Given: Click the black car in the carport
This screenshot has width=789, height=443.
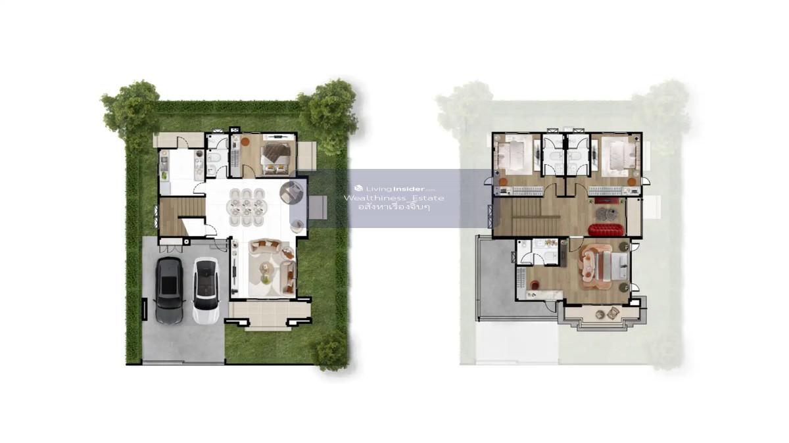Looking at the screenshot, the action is click(169, 291).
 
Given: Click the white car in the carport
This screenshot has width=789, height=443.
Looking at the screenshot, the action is click(206, 291).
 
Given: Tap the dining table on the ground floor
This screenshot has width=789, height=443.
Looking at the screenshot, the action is click(247, 207).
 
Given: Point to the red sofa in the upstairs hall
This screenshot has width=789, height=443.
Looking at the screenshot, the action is click(606, 229).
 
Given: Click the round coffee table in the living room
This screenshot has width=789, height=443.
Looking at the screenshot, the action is click(265, 268).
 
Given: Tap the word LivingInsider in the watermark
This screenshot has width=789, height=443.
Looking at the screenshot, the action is click(394, 189).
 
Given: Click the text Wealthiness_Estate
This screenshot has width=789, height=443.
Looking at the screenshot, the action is click(394, 198).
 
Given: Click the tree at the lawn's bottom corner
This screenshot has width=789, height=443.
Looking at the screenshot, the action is click(331, 350).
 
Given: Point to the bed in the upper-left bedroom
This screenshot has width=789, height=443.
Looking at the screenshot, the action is click(514, 155).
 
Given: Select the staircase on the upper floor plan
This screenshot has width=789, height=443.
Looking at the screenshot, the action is click(525, 216).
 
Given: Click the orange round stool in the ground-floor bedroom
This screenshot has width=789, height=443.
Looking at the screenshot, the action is click(245, 141).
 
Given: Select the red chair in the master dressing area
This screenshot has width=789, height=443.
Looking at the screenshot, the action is click(535, 284).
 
